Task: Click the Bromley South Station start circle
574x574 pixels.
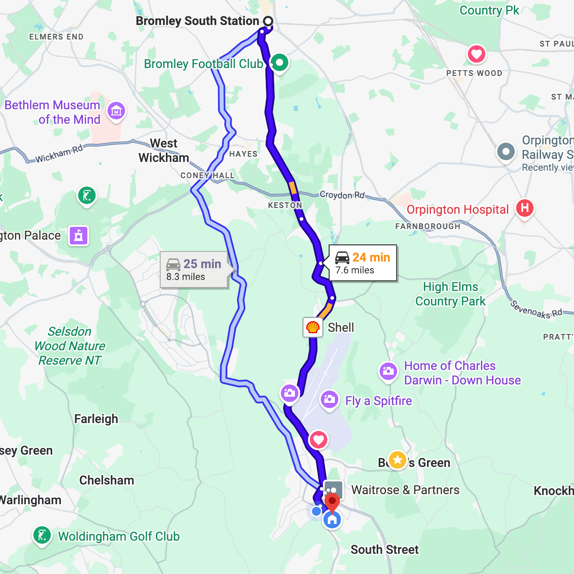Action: [268, 21]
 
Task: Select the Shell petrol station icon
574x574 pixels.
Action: [312, 327]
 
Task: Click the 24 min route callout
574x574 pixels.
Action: [363, 263]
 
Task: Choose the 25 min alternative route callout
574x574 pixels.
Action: [194, 270]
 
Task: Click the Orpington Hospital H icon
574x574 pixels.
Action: [524, 208]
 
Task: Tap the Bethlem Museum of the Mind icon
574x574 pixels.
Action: [116, 111]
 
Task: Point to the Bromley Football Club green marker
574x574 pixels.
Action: [279, 62]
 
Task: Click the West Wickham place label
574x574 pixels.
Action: [164, 151]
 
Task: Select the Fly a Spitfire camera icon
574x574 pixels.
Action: [329, 399]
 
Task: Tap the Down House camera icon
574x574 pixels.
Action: [388, 371]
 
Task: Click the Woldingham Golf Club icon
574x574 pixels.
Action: [42, 535]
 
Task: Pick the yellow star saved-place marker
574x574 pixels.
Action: [397, 460]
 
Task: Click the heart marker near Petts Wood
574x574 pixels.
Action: [476, 54]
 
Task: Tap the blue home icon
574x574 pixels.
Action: [332, 520]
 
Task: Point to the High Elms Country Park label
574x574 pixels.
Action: [450, 294]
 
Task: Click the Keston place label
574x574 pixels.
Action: [285, 205]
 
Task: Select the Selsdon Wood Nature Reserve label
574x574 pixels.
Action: [70, 346]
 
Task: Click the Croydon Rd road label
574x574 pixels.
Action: [342, 195]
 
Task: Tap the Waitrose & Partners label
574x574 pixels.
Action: [405, 490]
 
